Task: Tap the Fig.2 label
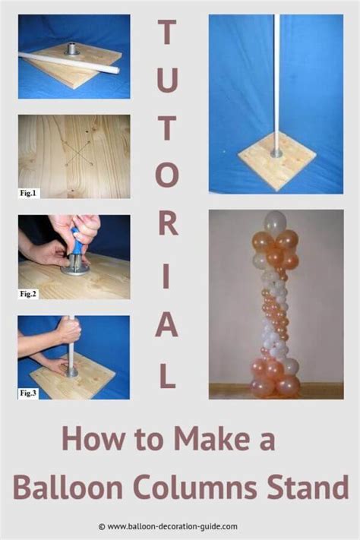(30, 294)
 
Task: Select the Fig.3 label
(29, 393)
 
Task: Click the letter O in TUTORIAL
(167, 175)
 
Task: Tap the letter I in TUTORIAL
(167, 276)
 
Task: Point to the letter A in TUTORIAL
(167, 325)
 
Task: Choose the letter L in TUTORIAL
(168, 376)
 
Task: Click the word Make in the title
(211, 438)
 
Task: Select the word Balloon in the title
(68, 488)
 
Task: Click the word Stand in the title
(308, 488)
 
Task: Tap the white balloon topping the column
(275, 222)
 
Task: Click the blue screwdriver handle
(77, 238)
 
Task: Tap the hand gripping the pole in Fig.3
(70, 330)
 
